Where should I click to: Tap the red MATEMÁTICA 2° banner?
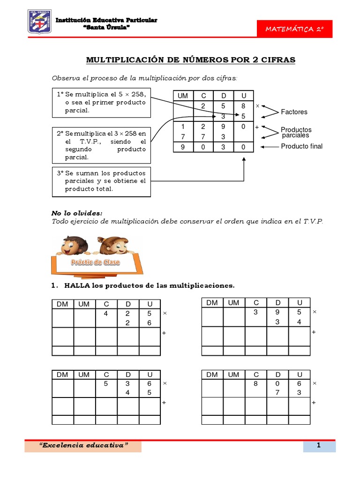(x=295, y=29)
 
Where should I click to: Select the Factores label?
(x=294, y=112)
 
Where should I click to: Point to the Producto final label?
(x=301, y=146)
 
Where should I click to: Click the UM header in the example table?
(x=183, y=96)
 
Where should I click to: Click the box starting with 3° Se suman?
(x=102, y=181)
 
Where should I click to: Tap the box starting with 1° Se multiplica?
(x=102, y=103)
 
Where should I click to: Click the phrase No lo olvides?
(x=76, y=213)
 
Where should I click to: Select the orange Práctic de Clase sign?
(x=95, y=262)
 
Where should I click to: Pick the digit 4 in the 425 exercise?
(x=106, y=313)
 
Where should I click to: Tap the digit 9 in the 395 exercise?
(x=277, y=312)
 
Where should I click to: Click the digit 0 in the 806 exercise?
(x=277, y=383)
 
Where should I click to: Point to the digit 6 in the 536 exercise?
(x=150, y=383)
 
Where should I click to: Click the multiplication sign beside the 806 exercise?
(x=315, y=383)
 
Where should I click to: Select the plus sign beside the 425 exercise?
(x=164, y=333)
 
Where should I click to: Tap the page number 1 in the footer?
(x=318, y=446)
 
